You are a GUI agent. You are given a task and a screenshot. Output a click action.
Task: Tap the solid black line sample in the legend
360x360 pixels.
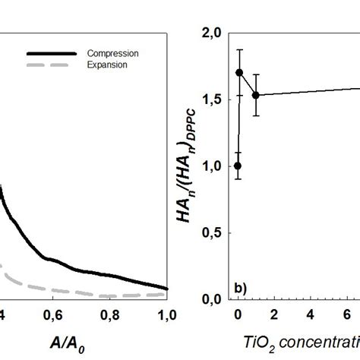[51, 53]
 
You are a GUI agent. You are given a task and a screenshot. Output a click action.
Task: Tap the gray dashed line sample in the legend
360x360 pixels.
[51, 65]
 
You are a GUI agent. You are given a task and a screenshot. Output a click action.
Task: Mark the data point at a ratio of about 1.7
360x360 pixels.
[239, 73]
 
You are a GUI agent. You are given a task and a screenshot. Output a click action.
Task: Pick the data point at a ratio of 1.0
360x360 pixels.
[238, 166]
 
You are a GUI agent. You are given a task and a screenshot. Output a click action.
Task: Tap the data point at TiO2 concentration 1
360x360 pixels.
[256, 95]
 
